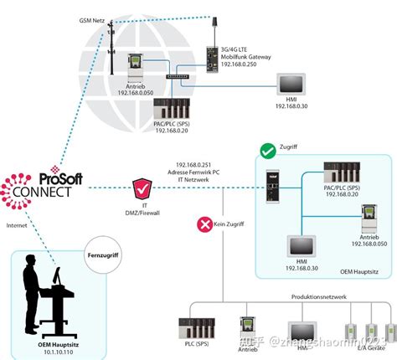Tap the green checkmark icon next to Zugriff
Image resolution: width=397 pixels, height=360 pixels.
[x=268, y=152]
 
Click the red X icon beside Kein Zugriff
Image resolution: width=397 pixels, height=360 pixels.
[x=204, y=224]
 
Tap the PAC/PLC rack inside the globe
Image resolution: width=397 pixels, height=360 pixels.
[x=171, y=109]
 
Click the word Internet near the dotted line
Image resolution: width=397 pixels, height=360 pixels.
[x=18, y=225]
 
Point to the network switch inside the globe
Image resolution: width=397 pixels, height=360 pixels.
[x=177, y=76]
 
